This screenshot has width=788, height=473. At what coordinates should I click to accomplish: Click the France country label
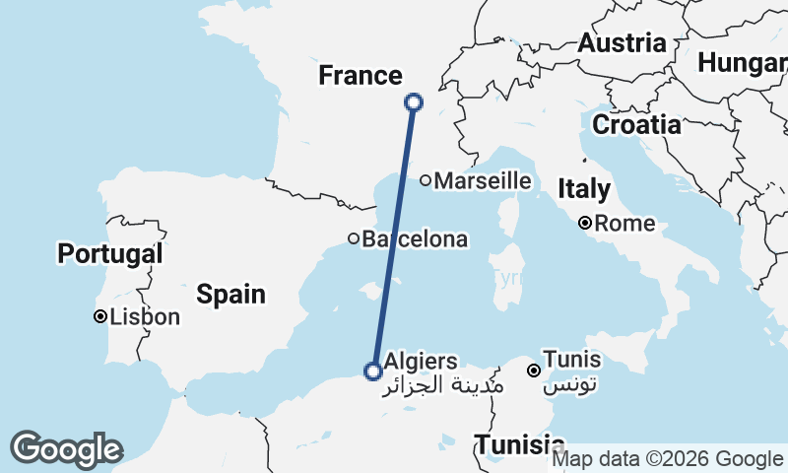click(361, 76)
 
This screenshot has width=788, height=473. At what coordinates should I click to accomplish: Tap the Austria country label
click(622, 43)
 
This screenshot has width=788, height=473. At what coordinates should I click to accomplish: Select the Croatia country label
click(635, 125)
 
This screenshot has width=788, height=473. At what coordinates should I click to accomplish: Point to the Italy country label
click(584, 188)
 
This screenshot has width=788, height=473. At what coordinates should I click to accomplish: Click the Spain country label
click(230, 293)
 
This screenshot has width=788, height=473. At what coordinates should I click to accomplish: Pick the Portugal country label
click(109, 253)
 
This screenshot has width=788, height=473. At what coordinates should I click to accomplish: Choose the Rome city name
click(624, 224)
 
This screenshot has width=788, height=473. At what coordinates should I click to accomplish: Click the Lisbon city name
click(146, 317)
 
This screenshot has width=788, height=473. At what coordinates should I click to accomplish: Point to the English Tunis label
click(572, 361)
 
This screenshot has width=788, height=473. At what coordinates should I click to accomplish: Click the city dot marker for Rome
click(585, 224)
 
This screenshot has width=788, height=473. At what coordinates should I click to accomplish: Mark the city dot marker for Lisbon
click(100, 317)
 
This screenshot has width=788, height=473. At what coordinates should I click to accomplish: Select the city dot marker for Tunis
click(534, 372)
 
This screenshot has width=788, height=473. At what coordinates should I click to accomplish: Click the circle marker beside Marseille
click(426, 180)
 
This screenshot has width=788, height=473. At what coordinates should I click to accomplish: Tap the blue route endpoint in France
click(414, 101)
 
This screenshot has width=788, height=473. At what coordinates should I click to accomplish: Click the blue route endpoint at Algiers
click(373, 372)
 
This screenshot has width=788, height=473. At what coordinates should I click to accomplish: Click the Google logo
click(66, 449)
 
